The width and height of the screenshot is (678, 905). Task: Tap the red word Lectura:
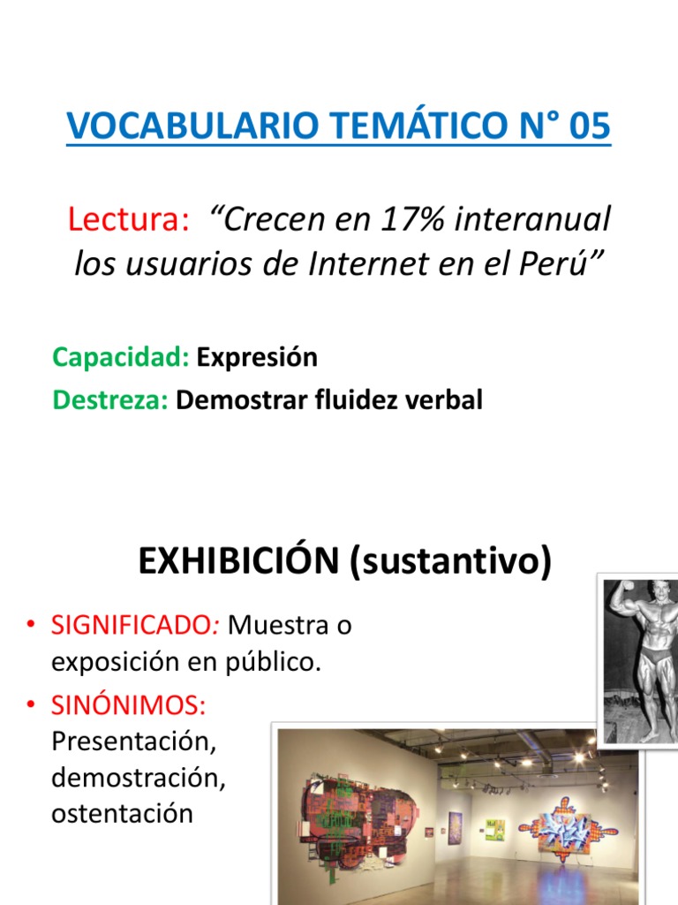[129, 219]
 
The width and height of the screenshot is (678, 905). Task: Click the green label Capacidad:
[121, 358]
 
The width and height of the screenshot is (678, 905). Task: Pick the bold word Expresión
[257, 358]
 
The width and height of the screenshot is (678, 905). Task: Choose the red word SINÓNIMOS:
[129, 705]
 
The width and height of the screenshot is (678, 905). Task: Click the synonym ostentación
[122, 813]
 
